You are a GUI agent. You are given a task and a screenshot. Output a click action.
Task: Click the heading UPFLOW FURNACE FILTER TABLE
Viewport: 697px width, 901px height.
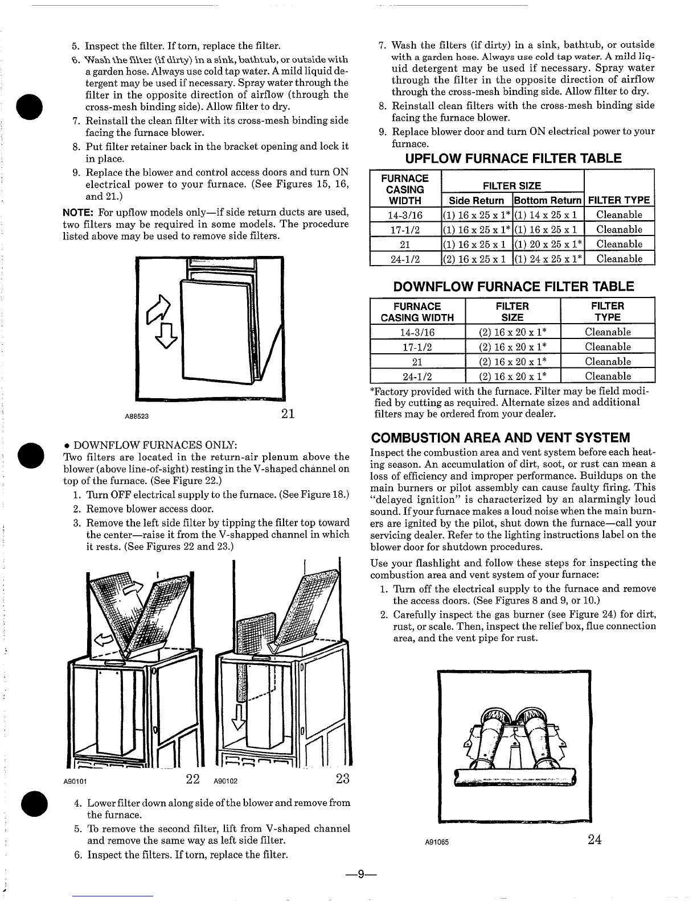point(512,158)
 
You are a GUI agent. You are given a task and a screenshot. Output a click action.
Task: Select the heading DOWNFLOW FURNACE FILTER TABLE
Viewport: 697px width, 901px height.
point(513,286)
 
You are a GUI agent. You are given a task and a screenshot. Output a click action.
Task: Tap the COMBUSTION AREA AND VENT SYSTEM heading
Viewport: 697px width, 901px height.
point(501,437)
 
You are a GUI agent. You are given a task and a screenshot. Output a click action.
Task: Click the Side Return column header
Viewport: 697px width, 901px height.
point(477,200)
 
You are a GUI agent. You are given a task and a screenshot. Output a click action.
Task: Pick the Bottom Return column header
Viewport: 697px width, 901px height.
point(548,200)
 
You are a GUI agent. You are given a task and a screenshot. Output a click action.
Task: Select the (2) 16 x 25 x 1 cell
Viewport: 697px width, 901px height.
point(477,259)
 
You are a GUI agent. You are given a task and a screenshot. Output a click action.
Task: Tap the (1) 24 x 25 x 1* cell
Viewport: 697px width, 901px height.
point(548,259)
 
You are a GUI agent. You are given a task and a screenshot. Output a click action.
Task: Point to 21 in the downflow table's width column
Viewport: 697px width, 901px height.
point(417,362)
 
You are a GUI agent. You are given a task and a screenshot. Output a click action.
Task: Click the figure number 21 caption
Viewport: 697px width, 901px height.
point(288,414)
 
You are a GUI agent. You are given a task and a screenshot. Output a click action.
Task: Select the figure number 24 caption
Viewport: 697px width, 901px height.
point(594,840)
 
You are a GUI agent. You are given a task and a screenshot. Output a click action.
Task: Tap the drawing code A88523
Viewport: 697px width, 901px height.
point(137,416)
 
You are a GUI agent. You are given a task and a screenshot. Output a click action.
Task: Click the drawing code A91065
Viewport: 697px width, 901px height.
point(437,842)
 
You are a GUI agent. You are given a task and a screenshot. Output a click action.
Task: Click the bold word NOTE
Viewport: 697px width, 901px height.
point(78,213)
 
